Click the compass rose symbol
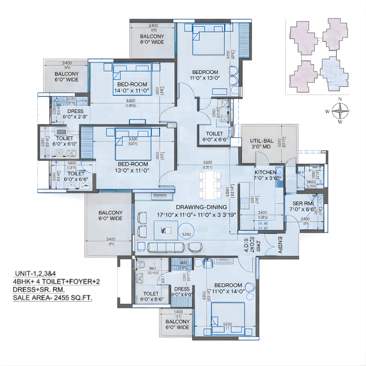coord(340,110)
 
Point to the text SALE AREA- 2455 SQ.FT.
coord(53,298)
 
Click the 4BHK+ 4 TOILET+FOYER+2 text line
coord(56,282)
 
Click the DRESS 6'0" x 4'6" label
coord(182,292)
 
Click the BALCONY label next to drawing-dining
coord(110,216)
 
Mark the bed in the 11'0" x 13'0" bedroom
coord(208,40)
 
